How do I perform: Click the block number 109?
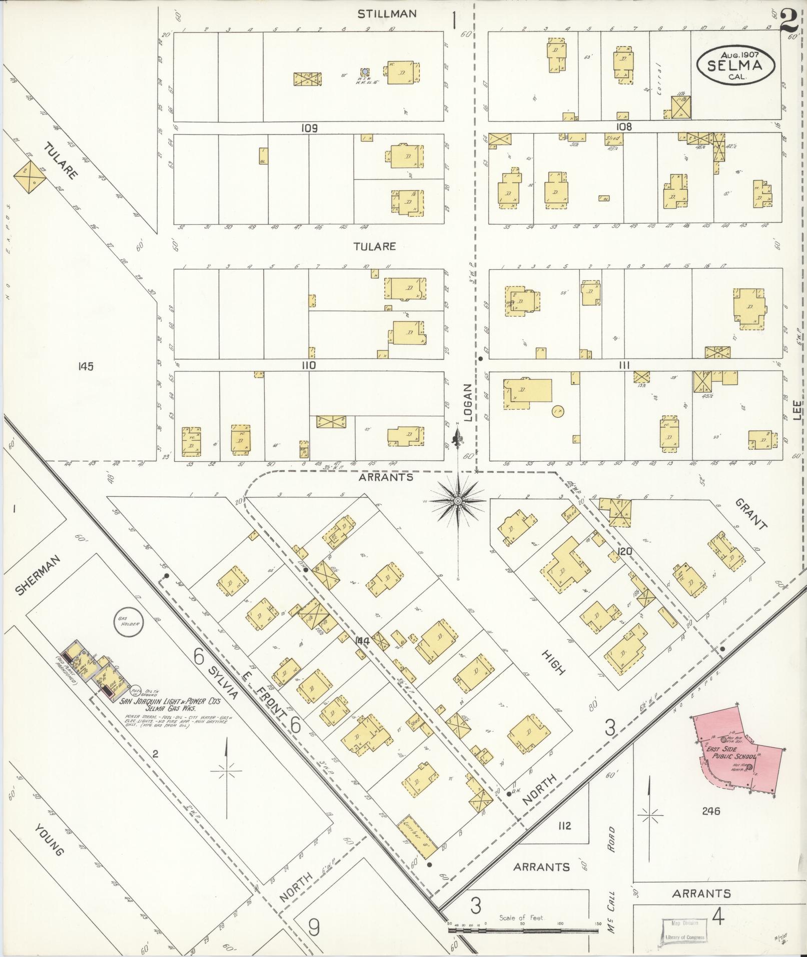309,128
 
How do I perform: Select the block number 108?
624,127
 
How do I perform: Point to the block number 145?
86,367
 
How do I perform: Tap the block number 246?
710,811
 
